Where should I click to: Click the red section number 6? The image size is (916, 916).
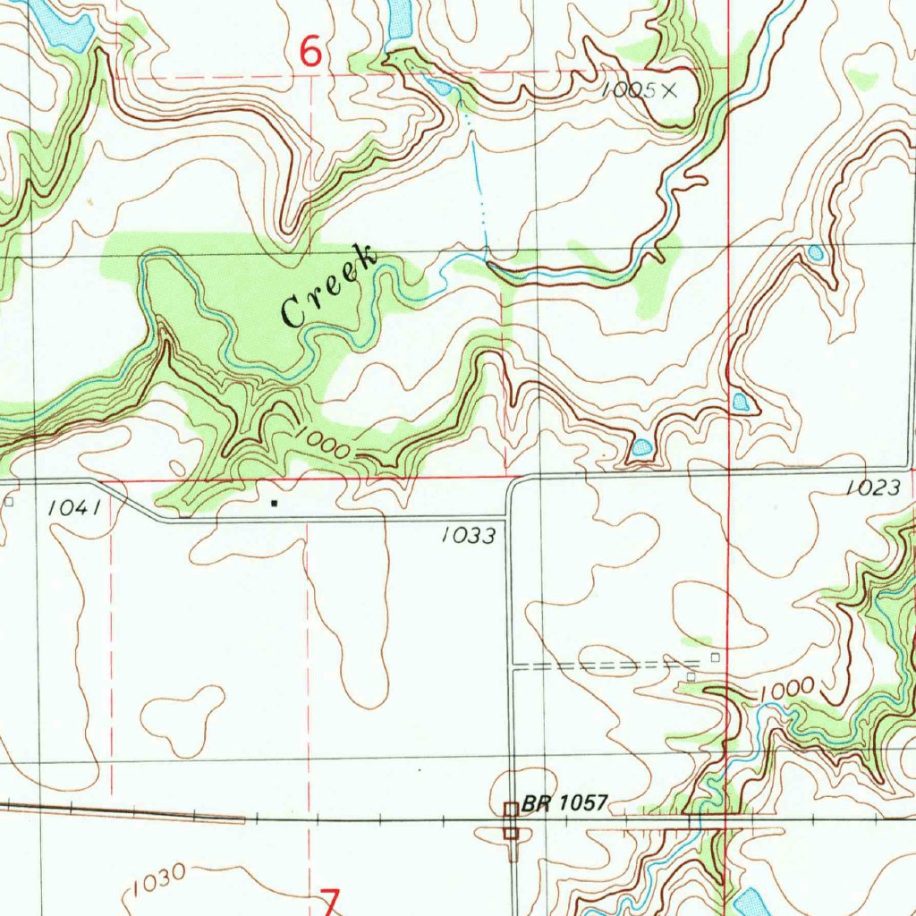tap(310, 53)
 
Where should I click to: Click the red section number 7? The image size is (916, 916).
tap(330, 902)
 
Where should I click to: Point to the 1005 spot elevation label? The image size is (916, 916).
tap(629, 89)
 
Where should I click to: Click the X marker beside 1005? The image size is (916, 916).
tap(670, 89)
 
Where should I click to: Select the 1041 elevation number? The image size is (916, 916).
tap(72, 507)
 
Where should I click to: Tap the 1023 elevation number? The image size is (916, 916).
tap(870, 488)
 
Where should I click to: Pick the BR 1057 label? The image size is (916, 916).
tap(565, 803)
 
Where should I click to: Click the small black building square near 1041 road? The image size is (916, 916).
tap(274, 504)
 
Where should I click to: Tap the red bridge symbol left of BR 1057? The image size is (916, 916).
tap(510, 820)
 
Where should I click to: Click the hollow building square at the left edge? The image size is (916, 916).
tap(9, 502)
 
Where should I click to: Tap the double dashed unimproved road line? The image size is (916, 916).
tap(599, 666)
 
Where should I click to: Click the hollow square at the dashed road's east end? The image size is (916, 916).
tap(715, 657)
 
